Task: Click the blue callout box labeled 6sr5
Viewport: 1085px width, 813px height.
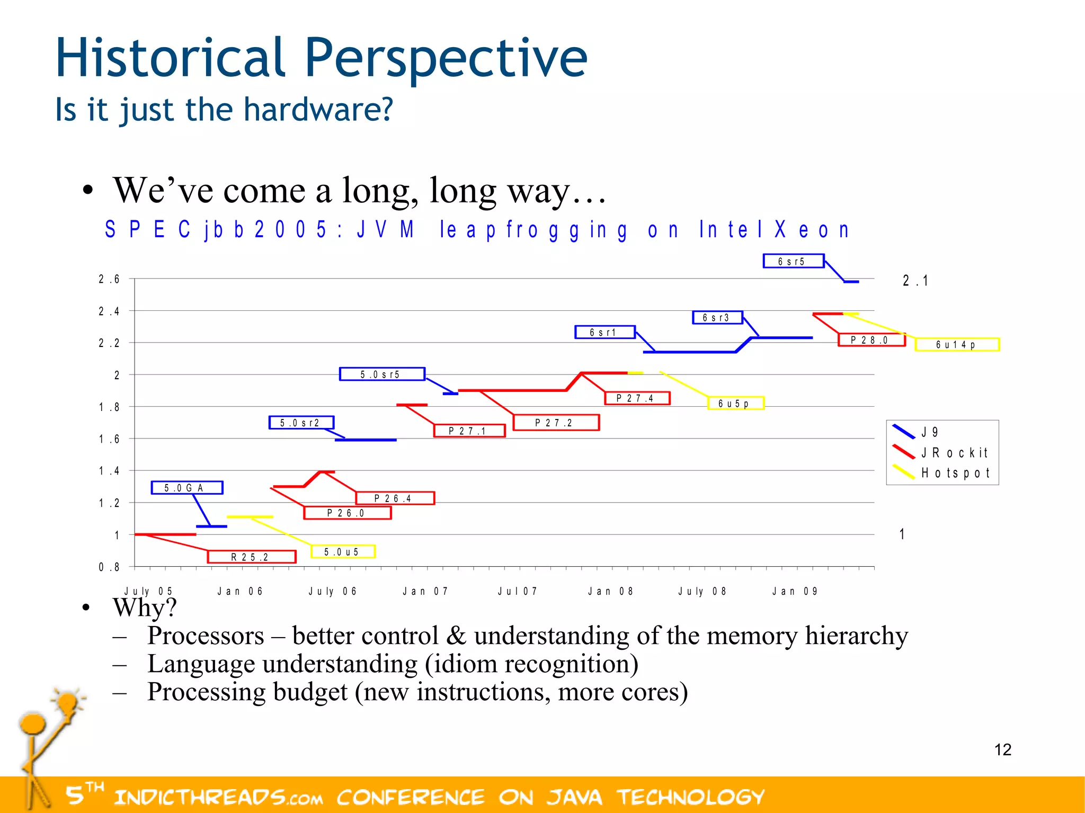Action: (x=793, y=261)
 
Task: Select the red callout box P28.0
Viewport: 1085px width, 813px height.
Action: (x=871, y=340)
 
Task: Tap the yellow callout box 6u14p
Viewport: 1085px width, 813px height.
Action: (x=956, y=345)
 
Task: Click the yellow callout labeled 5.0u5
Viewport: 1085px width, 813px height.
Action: (x=342, y=552)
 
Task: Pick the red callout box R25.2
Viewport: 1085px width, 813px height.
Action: (x=251, y=557)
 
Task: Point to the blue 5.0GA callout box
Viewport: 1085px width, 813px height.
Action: (x=186, y=488)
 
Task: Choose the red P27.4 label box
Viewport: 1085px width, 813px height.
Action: (x=637, y=398)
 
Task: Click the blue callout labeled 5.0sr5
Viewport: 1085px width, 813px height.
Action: (x=381, y=374)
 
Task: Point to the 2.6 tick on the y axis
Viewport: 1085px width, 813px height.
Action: (x=109, y=279)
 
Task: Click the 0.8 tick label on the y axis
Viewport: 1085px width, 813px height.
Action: (x=109, y=567)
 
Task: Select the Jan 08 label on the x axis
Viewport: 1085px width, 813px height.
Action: (x=610, y=591)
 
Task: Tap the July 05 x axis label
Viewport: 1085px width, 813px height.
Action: (x=148, y=591)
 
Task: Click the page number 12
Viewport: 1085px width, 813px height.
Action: (x=1002, y=749)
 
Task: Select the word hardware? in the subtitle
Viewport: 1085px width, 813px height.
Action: (x=318, y=110)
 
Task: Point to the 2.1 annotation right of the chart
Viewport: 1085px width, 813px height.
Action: (x=915, y=281)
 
